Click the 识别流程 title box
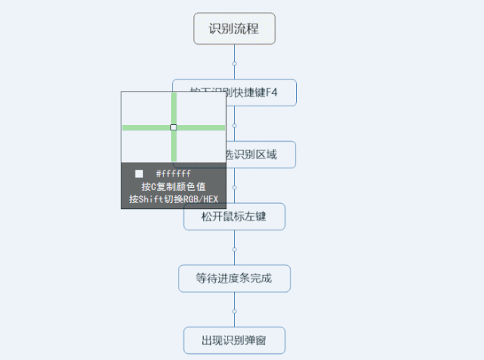(234, 29)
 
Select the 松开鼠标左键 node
(234, 217)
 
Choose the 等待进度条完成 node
(234, 278)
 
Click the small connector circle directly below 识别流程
(235, 63)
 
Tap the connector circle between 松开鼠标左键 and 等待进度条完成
(235, 249)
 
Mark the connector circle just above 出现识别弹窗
(235, 311)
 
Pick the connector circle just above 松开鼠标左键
(235, 186)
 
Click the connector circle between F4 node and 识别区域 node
(235, 125)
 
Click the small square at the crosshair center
(173, 127)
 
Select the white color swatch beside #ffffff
(139, 174)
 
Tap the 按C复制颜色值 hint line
(173, 186)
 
